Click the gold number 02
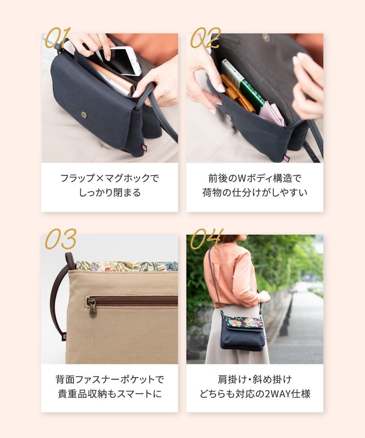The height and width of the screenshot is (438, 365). pyautogui.click(x=205, y=38)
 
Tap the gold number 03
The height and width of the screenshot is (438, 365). pyautogui.click(x=61, y=239)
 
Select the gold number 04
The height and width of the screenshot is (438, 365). pyautogui.click(x=207, y=239)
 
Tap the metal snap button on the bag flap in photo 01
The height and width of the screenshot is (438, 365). pyautogui.click(x=84, y=114)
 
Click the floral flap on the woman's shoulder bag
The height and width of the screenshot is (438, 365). pyautogui.click(x=245, y=322)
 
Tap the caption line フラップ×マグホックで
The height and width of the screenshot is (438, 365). pyautogui.click(x=110, y=178)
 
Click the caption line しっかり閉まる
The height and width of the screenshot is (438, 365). pyautogui.click(x=110, y=192)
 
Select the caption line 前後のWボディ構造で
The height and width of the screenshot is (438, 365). pyautogui.click(x=255, y=178)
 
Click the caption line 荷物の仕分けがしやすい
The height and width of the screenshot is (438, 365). pyautogui.click(x=255, y=192)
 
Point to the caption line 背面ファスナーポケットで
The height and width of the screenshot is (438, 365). pyautogui.click(x=110, y=379)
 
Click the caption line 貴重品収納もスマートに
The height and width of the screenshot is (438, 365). pyautogui.click(x=110, y=394)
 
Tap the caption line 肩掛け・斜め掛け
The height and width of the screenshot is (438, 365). pyautogui.click(x=255, y=379)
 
